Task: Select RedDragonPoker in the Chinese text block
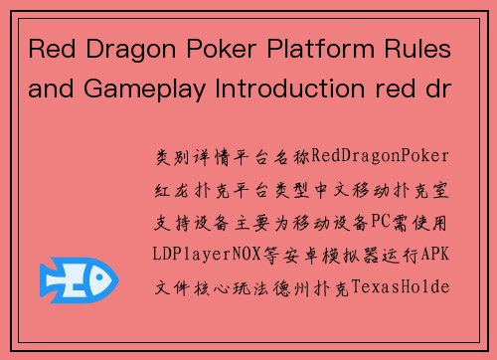381,157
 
